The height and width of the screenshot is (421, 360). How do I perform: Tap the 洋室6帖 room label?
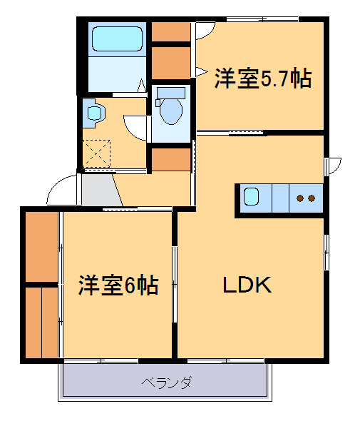coord(118,285)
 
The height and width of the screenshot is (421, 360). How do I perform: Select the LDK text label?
coord(247,285)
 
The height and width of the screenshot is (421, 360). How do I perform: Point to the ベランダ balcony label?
coord(166,383)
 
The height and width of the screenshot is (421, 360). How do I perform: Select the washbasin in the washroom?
coord(93,112)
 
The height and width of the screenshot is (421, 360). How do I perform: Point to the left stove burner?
coord(301,198)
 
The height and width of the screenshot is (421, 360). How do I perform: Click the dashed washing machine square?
coord(96,152)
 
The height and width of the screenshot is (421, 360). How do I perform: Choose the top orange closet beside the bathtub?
coord(170,32)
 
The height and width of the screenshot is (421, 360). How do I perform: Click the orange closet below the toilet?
coord(170,159)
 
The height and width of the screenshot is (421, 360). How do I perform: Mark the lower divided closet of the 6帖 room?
coord(41,321)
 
